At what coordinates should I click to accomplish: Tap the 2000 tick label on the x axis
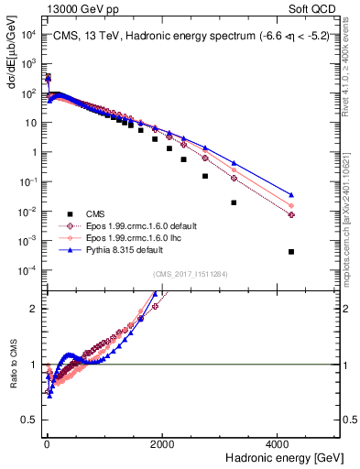click(161, 443)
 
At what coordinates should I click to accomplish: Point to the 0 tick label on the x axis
click(47, 443)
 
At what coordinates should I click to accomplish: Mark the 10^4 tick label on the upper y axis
click(28, 34)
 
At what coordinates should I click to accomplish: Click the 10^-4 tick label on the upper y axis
click(28, 269)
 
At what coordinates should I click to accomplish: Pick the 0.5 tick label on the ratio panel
click(32, 420)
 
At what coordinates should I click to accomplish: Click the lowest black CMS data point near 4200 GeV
click(290, 251)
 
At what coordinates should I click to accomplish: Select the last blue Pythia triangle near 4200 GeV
click(290, 194)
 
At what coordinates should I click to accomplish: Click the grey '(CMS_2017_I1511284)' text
click(190, 275)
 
